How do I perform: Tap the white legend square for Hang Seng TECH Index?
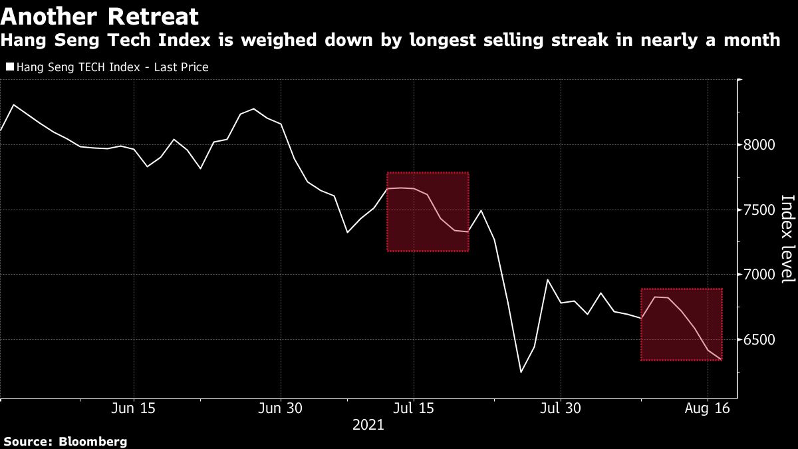click(x=9, y=67)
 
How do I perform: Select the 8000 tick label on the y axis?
click(x=760, y=145)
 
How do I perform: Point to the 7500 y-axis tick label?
click(x=760, y=210)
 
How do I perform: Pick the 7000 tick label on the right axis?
click(x=760, y=275)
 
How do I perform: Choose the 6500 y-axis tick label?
click(x=760, y=340)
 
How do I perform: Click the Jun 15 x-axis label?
click(x=134, y=408)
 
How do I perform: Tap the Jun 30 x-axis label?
click(x=281, y=408)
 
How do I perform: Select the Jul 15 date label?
click(x=414, y=408)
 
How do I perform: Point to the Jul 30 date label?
click(x=561, y=408)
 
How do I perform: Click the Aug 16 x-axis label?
click(x=707, y=408)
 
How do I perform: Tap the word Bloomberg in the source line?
click(x=93, y=441)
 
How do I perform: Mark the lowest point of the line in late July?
click(x=521, y=372)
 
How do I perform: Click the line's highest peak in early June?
click(x=14, y=105)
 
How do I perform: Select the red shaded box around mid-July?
click(x=428, y=212)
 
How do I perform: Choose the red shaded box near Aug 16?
click(x=681, y=325)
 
